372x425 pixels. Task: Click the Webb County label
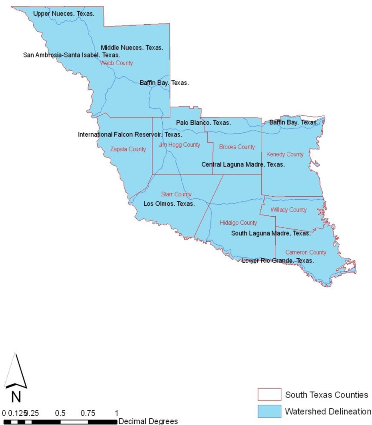[116, 63]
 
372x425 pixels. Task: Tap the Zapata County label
[128, 149]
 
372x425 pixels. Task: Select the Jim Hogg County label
[179, 145]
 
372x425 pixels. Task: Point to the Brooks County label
[237, 147]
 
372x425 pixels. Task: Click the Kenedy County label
[285, 155]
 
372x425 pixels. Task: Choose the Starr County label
[176, 195]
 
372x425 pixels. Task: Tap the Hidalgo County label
[238, 223]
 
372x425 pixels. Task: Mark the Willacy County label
[289, 210]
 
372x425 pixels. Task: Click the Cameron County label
[306, 252]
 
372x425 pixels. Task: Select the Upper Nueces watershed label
[64, 14]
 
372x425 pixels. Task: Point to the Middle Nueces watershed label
[132, 48]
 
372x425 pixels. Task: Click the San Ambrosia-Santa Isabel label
[72, 55]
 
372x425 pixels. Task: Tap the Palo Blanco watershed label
[203, 123]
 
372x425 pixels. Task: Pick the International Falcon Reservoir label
[130, 135]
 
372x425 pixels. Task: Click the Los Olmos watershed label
[169, 204]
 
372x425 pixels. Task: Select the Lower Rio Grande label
[278, 261]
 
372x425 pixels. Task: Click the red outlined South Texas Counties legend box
[269, 395]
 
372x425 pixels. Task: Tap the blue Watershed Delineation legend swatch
[269, 412]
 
